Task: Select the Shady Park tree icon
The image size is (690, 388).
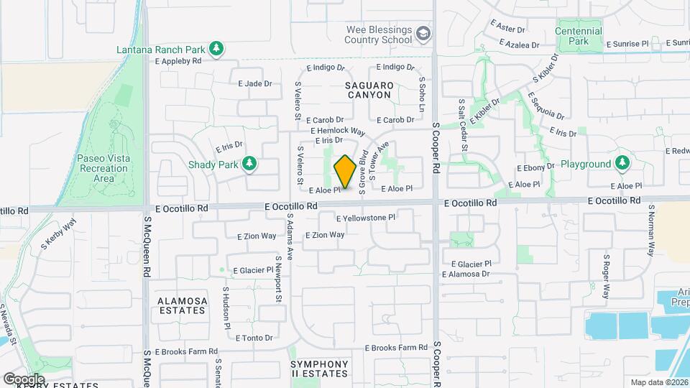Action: tap(249, 164)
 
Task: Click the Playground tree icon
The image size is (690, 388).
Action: tap(622, 164)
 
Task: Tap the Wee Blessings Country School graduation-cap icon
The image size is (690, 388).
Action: tap(424, 34)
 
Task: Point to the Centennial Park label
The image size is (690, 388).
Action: tap(579, 36)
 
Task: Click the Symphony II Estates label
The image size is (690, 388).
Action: tap(320, 369)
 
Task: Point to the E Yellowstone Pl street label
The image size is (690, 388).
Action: tap(366, 217)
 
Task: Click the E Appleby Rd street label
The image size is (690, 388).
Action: tap(178, 62)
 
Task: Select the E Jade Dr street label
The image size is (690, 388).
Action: tap(255, 83)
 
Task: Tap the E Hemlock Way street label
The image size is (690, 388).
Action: tap(338, 131)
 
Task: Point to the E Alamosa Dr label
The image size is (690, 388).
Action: tap(466, 274)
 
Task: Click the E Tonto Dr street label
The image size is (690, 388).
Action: tap(248, 338)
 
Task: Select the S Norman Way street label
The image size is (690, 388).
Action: tap(651, 230)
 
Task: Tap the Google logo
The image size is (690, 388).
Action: tap(24, 379)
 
